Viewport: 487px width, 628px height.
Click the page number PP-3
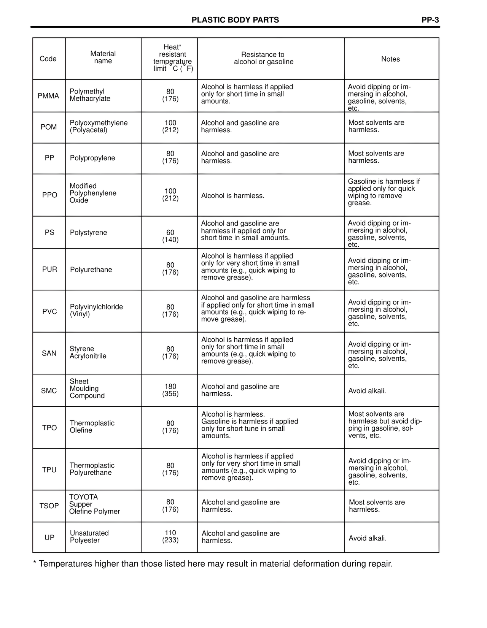430,20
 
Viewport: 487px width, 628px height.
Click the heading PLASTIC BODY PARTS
235,20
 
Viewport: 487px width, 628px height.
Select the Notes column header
390,59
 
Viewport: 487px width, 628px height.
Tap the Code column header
48,59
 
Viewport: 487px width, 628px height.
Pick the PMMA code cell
48,96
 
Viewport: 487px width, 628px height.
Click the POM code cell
49,127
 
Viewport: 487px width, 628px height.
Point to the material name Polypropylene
92,158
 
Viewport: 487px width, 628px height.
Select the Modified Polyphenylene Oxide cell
93,193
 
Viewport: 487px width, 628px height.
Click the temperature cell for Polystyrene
170,236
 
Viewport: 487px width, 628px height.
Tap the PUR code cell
49,270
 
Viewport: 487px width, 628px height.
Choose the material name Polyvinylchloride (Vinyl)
96,311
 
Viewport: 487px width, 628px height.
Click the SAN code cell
49,353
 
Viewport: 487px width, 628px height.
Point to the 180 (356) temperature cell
170,390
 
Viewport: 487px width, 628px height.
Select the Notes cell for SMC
367,391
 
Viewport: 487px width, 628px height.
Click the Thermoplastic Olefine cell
92,427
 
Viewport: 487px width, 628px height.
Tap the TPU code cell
49,470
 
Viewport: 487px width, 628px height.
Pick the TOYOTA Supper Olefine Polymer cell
94,504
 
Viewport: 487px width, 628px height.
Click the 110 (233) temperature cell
170,536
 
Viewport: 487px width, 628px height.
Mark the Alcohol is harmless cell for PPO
232,196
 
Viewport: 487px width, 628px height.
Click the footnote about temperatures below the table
213,564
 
